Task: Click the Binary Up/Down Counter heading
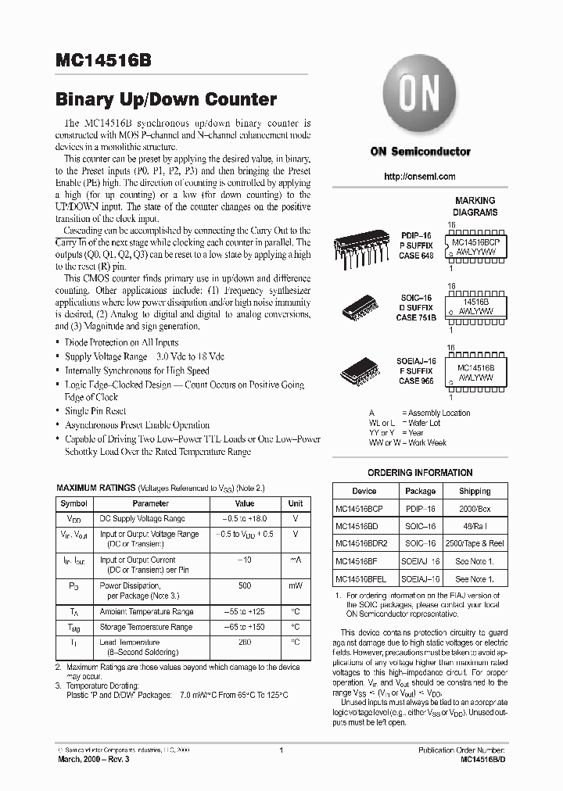pyautogui.click(x=166, y=100)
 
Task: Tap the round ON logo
pyautogui.click(x=420, y=98)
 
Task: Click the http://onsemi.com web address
pyautogui.click(x=420, y=177)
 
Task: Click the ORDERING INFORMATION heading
pyautogui.click(x=420, y=473)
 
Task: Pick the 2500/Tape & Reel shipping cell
pyautogui.click(x=475, y=543)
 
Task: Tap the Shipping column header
pyautogui.click(x=475, y=492)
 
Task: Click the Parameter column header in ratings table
pyautogui.click(x=150, y=504)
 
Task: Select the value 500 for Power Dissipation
pyautogui.click(x=244, y=585)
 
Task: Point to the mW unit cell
pyautogui.click(x=296, y=585)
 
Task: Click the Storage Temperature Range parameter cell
pyautogui.click(x=146, y=627)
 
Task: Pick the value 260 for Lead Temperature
pyautogui.click(x=244, y=642)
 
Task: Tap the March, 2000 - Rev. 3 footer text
pyautogui.click(x=95, y=761)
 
